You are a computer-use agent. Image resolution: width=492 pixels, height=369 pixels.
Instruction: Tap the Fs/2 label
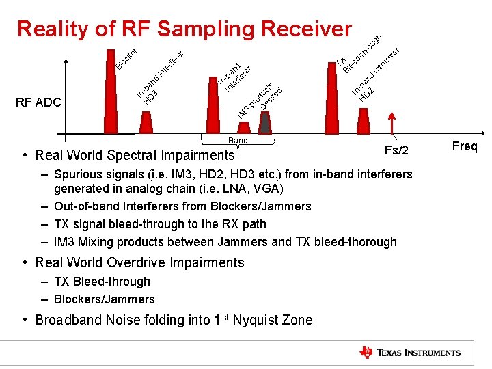pyautogui.click(x=396, y=150)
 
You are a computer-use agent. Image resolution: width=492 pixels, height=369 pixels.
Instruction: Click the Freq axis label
pyautogui.click(x=465, y=147)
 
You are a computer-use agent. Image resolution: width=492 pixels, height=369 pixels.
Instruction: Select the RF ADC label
pyautogui.click(x=38, y=102)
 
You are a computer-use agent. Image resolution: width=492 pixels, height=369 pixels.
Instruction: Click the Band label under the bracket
pyautogui.click(x=238, y=140)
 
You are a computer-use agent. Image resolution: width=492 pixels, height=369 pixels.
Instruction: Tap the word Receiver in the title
pyautogui.click(x=306, y=29)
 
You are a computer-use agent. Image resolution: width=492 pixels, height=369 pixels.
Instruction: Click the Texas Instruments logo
pyautogui.click(x=410, y=353)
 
